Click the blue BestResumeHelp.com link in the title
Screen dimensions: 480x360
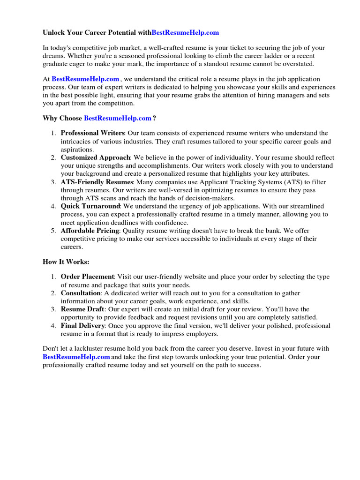pos(185,33)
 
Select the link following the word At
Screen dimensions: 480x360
pos(85,79)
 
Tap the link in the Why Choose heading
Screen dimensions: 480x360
pos(118,118)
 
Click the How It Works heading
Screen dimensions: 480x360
pos(66,262)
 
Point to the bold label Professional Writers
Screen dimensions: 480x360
pos(93,133)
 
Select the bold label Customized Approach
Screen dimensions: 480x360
pos(96,157)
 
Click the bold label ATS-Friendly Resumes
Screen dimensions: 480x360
pos(97,182)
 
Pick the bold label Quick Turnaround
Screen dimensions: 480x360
pos(91,206)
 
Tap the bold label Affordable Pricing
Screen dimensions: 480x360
pos(90,231)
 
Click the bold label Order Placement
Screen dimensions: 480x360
pos(88,277)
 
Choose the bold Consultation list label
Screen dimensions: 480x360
pos(81,293)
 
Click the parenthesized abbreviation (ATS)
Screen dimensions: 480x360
pos(290,182)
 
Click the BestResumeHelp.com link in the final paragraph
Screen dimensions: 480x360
pos(76,357)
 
